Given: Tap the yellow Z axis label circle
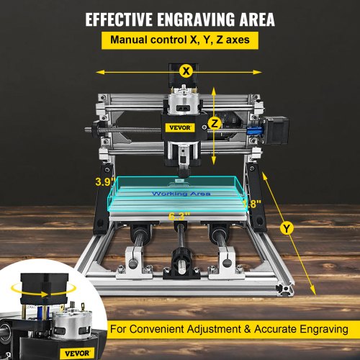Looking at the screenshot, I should point(214,124).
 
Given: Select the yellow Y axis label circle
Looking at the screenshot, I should point(288,228).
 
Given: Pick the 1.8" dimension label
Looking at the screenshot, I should point(249,204).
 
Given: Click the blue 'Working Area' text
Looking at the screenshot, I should point(178,194).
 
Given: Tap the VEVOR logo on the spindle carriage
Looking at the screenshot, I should point(178,129).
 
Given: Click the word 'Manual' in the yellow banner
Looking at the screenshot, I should point(126,40).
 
